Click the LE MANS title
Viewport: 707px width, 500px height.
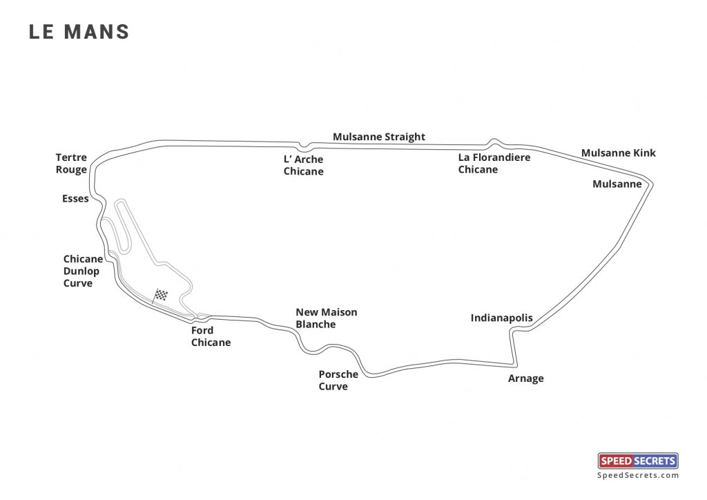[79, 32]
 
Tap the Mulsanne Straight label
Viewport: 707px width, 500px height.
[379, 137]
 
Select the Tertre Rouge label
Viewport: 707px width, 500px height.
[72, 164]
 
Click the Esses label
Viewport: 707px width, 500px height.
[75, 199]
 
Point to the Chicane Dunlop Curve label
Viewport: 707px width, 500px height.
[83, 271]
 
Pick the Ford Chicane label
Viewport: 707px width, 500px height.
[211, 336]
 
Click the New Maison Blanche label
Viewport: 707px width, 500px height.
[326, 318]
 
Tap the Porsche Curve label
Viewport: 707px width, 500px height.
[338, 381]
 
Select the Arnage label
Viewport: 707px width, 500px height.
[526, 378]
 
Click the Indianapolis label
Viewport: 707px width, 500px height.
[502, 318]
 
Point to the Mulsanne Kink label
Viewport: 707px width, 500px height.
[619, 153]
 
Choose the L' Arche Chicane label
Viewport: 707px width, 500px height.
[303, 165]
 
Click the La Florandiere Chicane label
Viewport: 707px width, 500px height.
[494, 164]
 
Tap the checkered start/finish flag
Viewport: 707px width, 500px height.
[162, 295]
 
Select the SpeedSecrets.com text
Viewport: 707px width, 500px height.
[638, 475]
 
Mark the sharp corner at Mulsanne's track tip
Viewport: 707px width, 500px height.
[652, 184]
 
